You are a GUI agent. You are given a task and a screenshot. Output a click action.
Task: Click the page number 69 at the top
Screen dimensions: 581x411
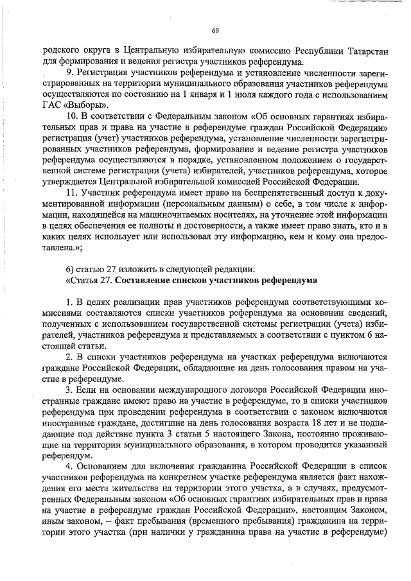(215, 31)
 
